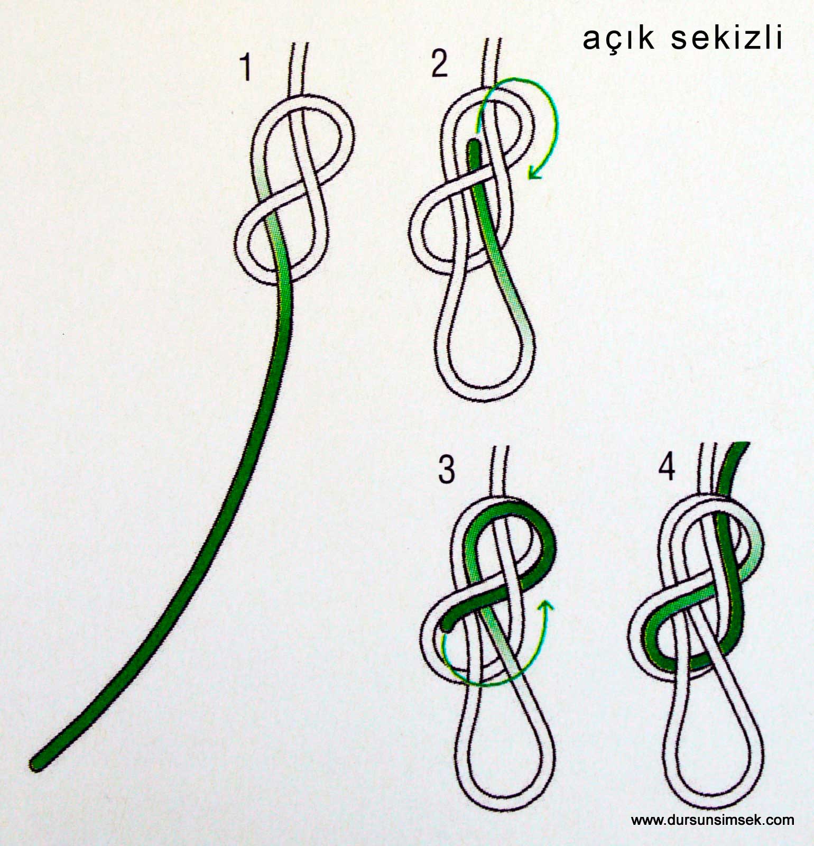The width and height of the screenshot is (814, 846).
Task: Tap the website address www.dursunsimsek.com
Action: pyautogui.click(x=713, y=820)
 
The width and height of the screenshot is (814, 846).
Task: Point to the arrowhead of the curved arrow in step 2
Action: pyautogui.click(x=535, y=172)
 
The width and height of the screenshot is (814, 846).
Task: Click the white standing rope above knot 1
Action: pyautogui.click(x=298, y=69)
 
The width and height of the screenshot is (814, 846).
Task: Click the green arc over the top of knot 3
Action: pyautogui.click(x=507, y=509)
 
